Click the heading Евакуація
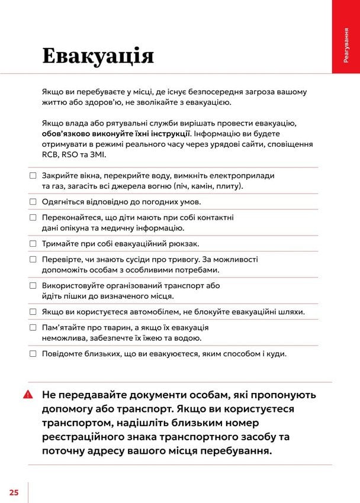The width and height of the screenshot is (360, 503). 98,56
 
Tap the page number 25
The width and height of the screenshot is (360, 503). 14,492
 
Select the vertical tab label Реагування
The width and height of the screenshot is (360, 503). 345,45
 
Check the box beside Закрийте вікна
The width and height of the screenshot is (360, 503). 33,176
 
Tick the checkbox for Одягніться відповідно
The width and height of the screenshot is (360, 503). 33,201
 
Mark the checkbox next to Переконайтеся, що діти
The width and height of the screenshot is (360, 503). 33,218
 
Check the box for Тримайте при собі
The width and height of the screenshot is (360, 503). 33,243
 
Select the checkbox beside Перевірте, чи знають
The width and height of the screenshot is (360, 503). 33,259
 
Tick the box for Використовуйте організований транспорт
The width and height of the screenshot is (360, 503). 33,285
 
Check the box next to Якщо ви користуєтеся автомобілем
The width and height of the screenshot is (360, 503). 33,311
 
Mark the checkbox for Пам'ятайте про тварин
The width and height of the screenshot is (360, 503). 33,327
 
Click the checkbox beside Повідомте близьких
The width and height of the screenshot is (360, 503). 33,353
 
